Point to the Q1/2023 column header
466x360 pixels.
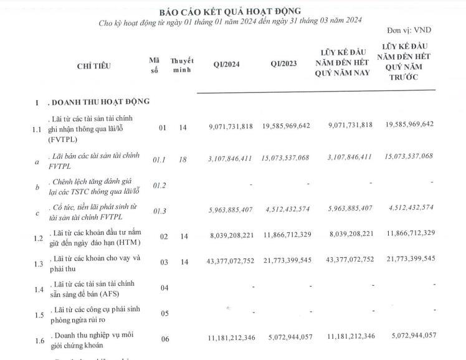point(285,65)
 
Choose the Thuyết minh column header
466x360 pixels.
point(182,65)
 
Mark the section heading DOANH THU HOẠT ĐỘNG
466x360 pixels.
point(100,102)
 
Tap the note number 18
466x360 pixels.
point(182,159)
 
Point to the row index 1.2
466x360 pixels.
point(39,238)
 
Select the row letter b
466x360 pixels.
point(39,186)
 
